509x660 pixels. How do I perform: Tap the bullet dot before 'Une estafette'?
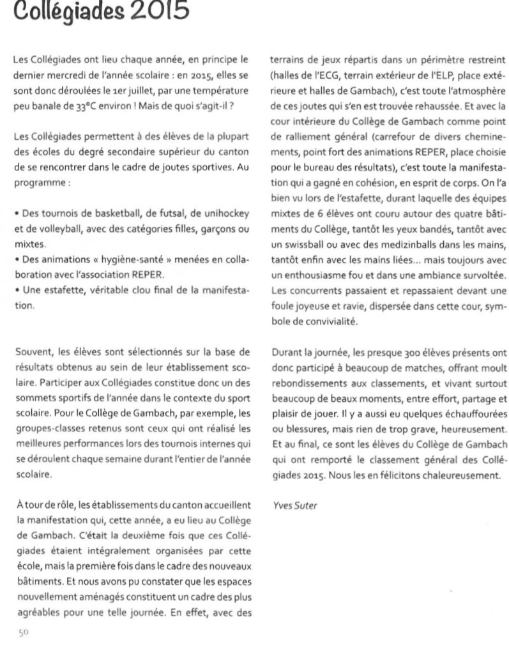pos(16,282)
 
